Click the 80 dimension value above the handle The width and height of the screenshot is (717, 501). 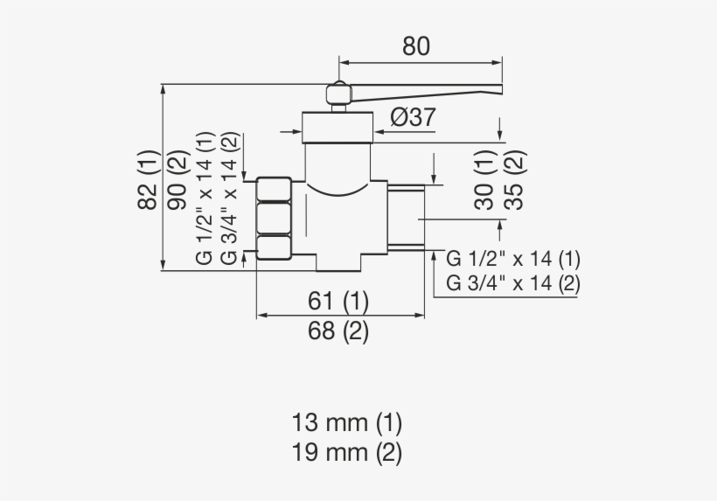(x=416, y=46)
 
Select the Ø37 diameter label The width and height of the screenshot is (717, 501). (x=412, y=117)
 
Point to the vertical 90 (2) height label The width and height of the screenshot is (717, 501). (x=178, y=180)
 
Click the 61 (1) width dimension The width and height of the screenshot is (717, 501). (x=338, y=302)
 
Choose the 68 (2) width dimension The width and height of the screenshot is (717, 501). (x=338, y=331)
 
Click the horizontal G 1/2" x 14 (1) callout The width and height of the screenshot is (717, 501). (x=513, y=260)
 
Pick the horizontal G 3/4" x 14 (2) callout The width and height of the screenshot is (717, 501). (x=513, y=283)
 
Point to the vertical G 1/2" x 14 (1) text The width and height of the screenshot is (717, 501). (x=205, y=198)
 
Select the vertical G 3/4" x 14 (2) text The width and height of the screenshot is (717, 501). (x=229, y=198)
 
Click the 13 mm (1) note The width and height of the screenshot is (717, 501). (x=347, y=423)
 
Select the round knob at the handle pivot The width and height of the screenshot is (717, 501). (x=338, y=94)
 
